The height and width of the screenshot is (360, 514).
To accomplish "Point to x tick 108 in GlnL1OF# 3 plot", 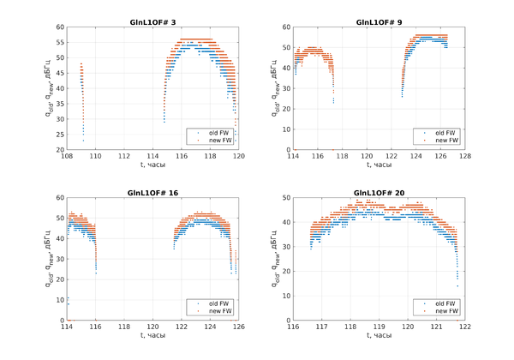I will tap(68, 156).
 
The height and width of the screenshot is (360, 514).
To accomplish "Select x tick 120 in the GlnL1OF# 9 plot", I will tap(367, 156).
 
